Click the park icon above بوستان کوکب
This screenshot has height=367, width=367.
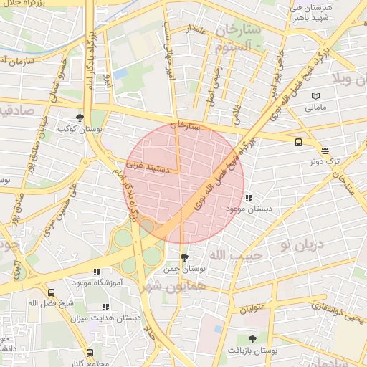click(x=80, y=118)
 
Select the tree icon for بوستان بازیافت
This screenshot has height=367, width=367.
click(x=252, y=339)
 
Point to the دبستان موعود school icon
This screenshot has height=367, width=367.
click(x=248, y=197)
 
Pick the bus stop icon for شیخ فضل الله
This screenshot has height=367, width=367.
click(x=51, y=292)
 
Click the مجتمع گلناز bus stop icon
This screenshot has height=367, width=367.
click(x=90, y=353)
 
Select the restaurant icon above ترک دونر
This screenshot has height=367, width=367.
click(x=325, y=151)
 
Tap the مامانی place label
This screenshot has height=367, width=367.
click(x=316, y=108)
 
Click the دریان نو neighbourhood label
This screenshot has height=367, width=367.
click(x=302, y=246)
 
